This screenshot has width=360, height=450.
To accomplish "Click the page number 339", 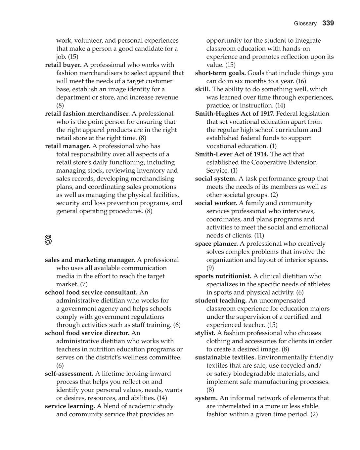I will [328, 23].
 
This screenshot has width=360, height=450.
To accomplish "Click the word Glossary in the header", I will [305, 23].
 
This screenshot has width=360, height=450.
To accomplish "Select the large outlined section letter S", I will [48, 240].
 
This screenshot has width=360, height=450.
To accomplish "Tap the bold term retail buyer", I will [63, 65].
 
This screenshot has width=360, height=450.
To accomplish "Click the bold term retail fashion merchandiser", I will [87, 114].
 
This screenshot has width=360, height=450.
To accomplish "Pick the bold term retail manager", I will [67, 146].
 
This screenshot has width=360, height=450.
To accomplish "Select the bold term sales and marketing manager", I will [90, 260].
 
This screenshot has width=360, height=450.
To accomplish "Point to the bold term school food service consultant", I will [91, 293].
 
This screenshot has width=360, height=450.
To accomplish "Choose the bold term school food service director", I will [87, 333].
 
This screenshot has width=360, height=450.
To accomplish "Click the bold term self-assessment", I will [69, 374].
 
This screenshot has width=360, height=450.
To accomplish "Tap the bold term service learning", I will [70, 406].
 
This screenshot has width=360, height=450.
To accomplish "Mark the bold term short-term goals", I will [220, 73].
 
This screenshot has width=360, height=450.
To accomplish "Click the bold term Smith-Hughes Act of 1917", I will [235, 114].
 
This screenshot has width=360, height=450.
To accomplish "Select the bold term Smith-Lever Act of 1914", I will [232, 154].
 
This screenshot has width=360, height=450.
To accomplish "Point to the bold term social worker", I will [216, 203].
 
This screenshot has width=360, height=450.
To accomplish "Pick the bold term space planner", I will [216, 244].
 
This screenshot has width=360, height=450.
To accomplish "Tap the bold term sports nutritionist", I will [223, 276].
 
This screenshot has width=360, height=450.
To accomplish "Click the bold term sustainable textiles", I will [225, 357].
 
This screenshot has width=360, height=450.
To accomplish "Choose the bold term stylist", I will [205, 333].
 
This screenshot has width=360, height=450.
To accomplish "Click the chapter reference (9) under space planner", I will [210, 268].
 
